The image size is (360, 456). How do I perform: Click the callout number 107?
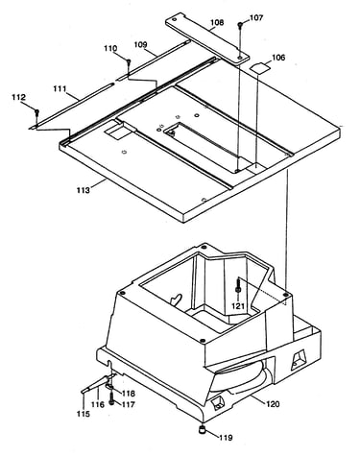(256, 18)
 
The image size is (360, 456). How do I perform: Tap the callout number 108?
(217, 23)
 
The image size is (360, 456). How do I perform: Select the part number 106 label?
(278, 58)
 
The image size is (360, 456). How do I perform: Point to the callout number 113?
(84, 190)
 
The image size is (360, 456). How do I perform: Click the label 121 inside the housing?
(238, 306)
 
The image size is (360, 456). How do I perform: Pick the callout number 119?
(226, 438)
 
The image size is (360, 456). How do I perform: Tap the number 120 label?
(273, 404)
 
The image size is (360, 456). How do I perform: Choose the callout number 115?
(84, 414)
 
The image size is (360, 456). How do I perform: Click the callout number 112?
(18, 97)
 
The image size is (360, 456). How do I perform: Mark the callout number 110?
(110, 49)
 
